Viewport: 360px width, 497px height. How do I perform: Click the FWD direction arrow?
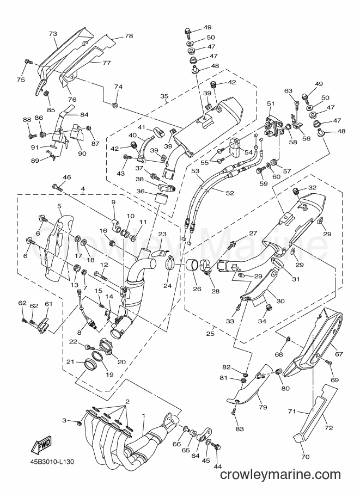pyautogui.click(x=40, y=445)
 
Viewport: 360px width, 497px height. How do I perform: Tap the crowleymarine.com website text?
pyautogui.click(x=280, y=475)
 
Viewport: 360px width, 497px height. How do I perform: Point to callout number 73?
pyautogui.click(x=53, y=34)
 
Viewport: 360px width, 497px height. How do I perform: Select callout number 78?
pyautogui.click(x=129, y=36)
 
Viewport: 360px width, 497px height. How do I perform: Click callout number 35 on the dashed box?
pyautogui.click(x=164, y=96)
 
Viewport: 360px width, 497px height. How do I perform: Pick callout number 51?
pyautogui.click(x=271, y=103)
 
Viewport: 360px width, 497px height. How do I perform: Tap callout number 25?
pyautogui.click(x=210, y=334)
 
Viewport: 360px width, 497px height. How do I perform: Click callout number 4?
pyautogui.click(x=83, y=189)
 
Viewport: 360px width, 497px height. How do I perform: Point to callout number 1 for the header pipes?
pyautogui.click(x=143, y=415)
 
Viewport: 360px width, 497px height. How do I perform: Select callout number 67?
pyautogui.click(x=339, y=354)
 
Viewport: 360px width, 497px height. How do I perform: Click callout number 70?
pyautogui.click(x=306, y=457)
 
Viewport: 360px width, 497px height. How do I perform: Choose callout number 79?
pyautogui.click(x=263, y=407)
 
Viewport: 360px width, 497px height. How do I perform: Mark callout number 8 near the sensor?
pyautogui.click(x=80, y=333)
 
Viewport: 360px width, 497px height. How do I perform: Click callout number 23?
pyautogui.click(x=162, y=234)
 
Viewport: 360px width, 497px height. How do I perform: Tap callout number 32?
pyautogui.click(x=312, y=187)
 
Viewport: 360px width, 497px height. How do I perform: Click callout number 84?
pyautogui.click(x=84, y=115)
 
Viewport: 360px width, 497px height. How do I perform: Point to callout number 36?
pyautogui.click(x=141, y=191)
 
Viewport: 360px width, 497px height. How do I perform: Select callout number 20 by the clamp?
pyautogui.click(x=121, y=362)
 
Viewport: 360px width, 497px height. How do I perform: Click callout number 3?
pyautogui.click(x=64, y=421)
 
